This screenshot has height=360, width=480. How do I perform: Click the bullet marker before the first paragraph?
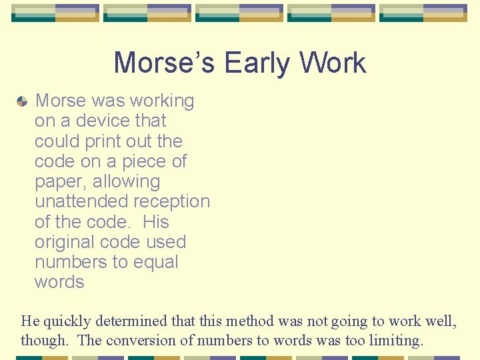click(22, 101)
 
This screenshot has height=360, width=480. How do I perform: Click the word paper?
click(61, 182)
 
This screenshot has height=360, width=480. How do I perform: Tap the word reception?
click(171, 201)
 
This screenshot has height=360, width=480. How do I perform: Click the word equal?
click(154, 262)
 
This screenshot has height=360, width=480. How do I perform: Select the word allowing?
click(127, 181)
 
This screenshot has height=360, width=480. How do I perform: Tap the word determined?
click(138, 321)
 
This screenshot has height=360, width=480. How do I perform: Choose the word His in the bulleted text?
click(155, 222)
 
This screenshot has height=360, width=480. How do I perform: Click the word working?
click(162, 101)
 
